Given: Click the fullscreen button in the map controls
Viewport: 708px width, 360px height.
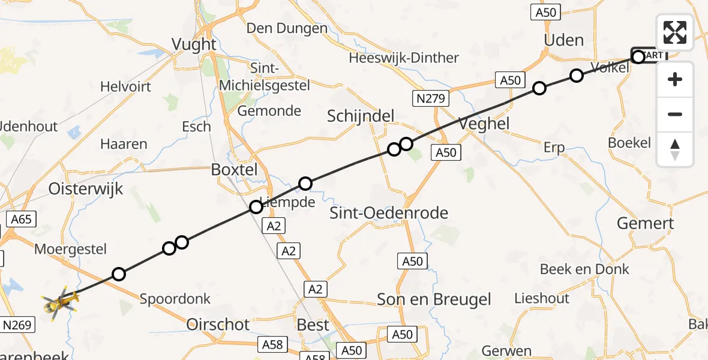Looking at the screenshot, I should tap(675, 32).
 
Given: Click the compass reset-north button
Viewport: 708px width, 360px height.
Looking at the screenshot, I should tap(675, 149).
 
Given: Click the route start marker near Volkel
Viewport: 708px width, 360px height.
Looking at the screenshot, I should tap(638, 57).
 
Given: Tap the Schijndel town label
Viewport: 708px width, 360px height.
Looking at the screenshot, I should tap(361, 116).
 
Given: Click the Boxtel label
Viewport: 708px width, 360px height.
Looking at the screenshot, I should tap(234, 170).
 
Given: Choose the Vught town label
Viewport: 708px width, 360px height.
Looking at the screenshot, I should tap(194, 44).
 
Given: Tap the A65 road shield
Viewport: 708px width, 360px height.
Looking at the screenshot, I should tap(20, 219).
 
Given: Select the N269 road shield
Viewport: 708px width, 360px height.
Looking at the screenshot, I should tap(17, 325).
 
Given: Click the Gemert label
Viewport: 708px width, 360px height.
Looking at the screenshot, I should tap(646, 224).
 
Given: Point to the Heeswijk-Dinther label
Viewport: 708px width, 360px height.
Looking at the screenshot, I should tap(404, 58).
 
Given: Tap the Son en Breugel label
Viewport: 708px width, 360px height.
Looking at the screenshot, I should tap(434, 299).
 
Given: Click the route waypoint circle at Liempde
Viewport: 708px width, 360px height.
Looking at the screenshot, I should tap(256, 207).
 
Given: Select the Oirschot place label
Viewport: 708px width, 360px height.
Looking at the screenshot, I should tap(218, 325).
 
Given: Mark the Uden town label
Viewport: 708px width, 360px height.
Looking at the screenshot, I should tap(563, 40).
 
